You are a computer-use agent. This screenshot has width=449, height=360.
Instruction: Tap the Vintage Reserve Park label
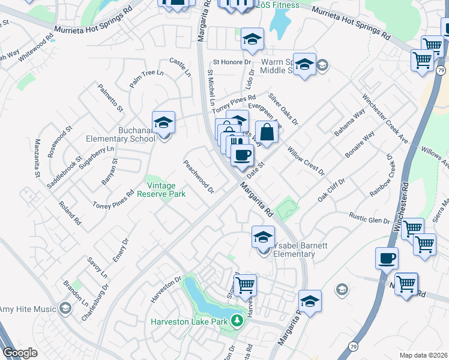161,190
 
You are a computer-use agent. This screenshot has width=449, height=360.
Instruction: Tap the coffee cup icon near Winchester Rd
387,258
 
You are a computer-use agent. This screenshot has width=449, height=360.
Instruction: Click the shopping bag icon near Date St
267,131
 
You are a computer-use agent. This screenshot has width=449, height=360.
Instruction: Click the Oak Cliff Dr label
331,190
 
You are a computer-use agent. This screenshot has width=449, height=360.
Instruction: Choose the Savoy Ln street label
97,267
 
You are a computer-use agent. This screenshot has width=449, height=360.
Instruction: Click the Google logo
20,353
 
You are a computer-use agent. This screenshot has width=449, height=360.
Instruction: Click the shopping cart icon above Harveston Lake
245,285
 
